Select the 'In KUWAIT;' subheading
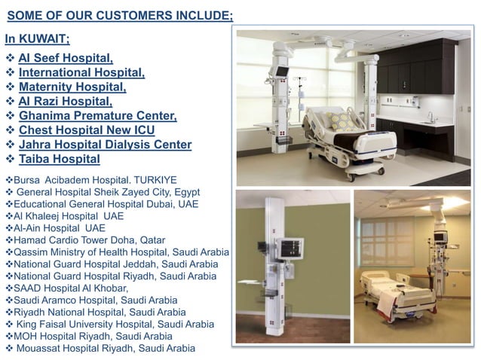(38, 38)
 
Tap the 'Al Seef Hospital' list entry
(66, 58)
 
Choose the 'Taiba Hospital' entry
(60, 159)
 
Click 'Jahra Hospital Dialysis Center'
(105, 144)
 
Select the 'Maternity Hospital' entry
(72, 87)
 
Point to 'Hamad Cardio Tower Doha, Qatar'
(85, 239)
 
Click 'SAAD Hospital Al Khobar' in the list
(71, 288)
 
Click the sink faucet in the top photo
(430, 117)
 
